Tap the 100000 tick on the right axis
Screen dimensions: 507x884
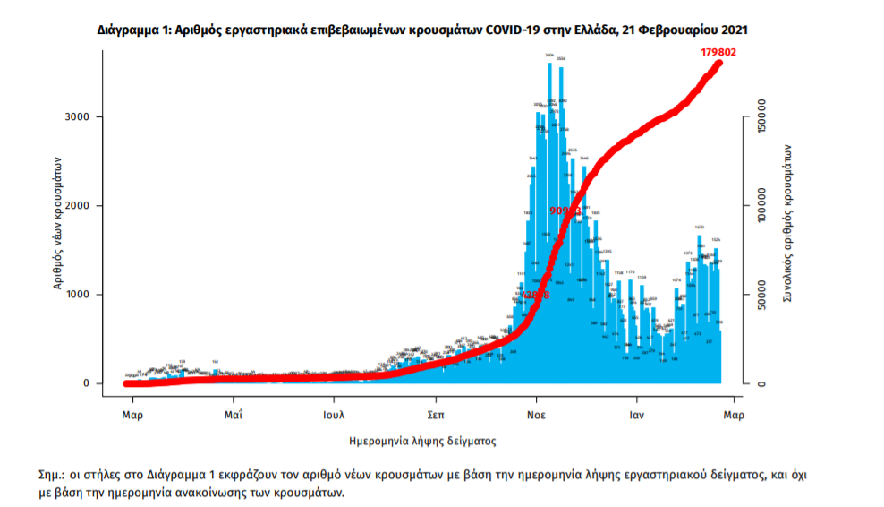coord(761,206)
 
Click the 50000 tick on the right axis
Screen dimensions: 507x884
coord(761,296)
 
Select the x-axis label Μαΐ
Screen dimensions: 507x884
coord(234,416)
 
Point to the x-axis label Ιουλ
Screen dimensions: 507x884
coord(335,416)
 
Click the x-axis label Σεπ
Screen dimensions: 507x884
coord(436,416)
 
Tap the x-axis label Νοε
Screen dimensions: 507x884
coord(537,416)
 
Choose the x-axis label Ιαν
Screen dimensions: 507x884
coord(637,416)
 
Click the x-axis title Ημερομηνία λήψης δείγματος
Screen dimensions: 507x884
coord(421,441)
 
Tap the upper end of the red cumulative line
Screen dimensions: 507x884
coord(719,63)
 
